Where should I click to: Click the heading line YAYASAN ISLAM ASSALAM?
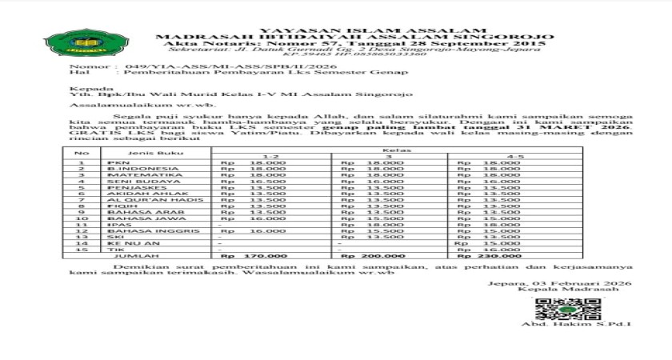pyautogui.click(x=352, y=30)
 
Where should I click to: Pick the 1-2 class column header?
pyautogui.click(x=272, y=157)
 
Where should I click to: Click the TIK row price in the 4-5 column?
pyautogui.click(x=490, y=250)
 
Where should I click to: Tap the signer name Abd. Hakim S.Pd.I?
pyautogui.click(x=576, y=324)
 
